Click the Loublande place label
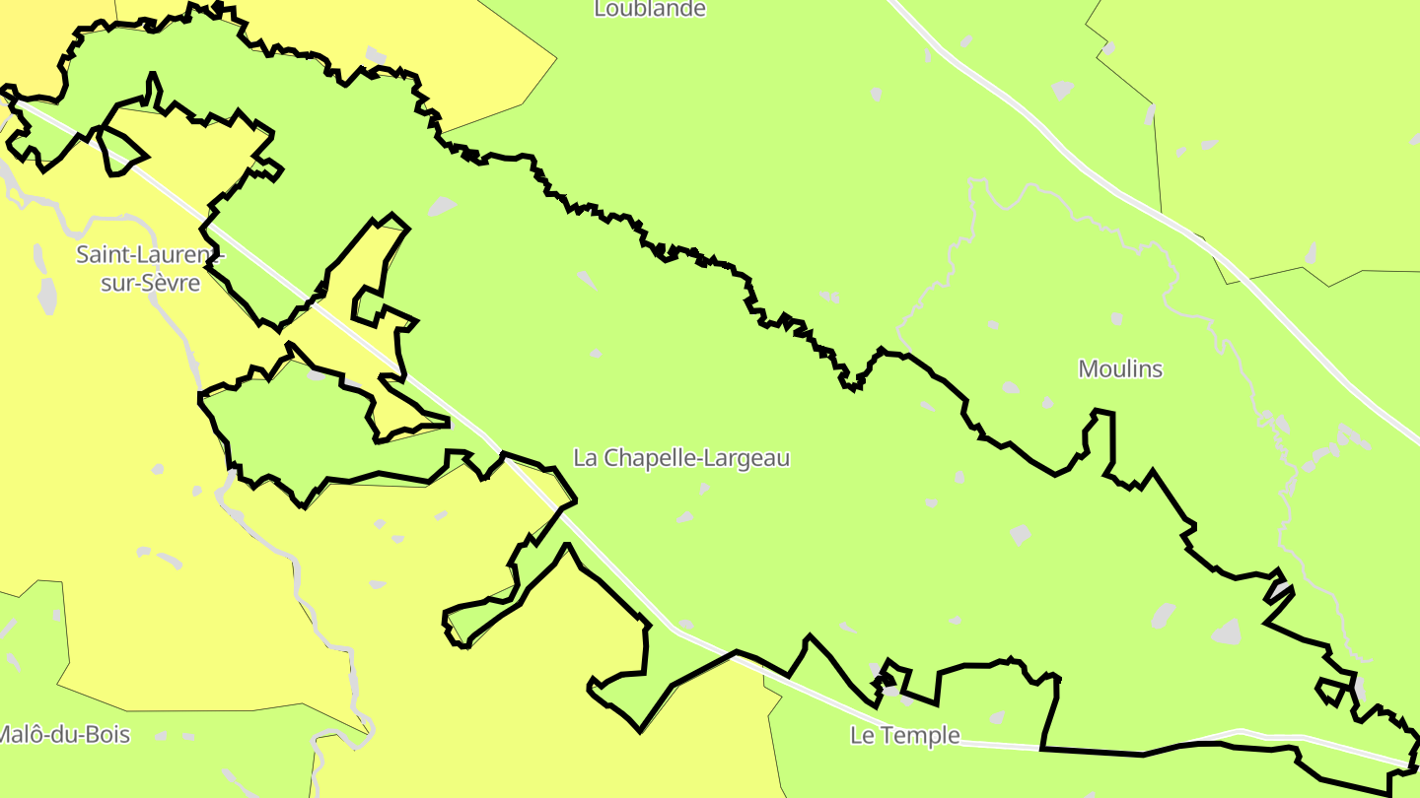650,9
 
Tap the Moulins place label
1120,369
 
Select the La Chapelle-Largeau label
681,458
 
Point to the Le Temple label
904,735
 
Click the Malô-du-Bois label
64,734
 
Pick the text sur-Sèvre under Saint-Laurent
151,284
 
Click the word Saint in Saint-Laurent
103,254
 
